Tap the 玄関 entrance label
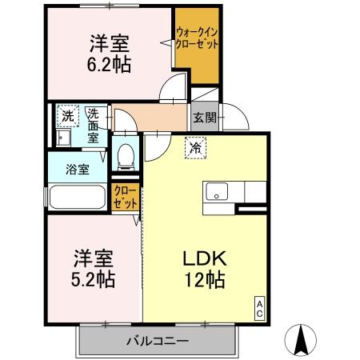[202, 118]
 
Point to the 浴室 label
[78, 169]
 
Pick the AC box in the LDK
[260, 308]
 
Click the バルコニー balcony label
[157, 341]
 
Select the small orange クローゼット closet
[125, 196]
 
